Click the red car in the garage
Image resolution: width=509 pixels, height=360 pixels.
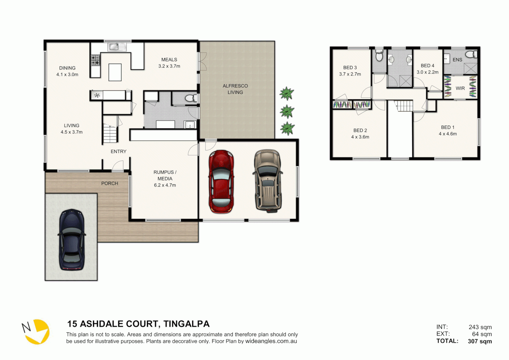pyautogui.click(x=221, y=182)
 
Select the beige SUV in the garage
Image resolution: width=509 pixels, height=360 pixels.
pyautogui.click(x=268, y=180)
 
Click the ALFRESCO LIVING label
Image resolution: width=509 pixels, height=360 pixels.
pyautogui.click(x=235, y=89)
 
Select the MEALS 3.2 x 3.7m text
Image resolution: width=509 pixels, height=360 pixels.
pyautogui.click(x=169, y=63)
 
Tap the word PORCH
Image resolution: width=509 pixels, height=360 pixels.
pyautogui.click(x=110, y=183)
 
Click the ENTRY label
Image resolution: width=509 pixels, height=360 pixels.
pyautogui.click(x=118, y=151)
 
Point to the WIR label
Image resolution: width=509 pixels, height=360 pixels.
pyautogui.click(x=460, y=88)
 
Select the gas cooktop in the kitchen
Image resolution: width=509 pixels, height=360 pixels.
pyautogui.click(x=95, y=60)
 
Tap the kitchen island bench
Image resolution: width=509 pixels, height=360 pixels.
pyautogui.click(x=115, y=72)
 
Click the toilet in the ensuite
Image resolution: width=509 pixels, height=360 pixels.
pyautogui.click(x=471, y=54)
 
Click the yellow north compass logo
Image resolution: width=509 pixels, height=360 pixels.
pyautogui.click(x=37, y=332)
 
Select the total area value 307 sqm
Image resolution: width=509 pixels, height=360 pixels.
pyautogui.click(x=480, y=341)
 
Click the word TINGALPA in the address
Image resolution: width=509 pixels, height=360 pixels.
pyautogui.click(x=186, y=324)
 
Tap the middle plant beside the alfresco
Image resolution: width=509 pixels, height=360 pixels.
pyautogui.click(x=287, y=111)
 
